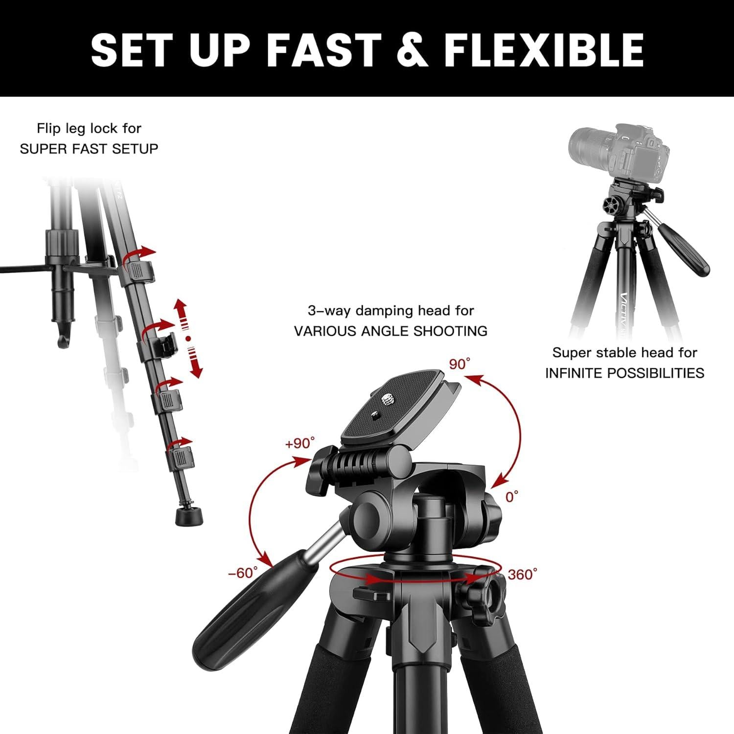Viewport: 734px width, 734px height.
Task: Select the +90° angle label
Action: coord(299,443)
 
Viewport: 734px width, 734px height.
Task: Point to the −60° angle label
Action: coord(243,573)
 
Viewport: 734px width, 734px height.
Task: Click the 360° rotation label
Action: coord(522,574)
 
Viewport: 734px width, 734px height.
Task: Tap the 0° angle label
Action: coord(512,497)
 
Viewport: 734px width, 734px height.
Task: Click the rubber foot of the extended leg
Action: coord(189,516)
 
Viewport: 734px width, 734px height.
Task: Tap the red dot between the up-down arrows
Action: coord(188,338)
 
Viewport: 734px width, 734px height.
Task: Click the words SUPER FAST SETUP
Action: coord(89,149)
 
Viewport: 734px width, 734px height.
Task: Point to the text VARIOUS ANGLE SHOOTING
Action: coord(390,331)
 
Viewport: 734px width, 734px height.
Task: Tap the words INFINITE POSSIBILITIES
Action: coord(625,373)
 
